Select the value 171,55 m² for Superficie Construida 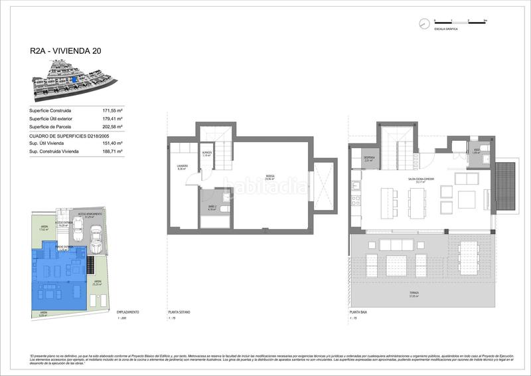(114, 110)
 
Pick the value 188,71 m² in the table (114, 151)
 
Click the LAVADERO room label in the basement (182, 167)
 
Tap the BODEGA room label (270, 177)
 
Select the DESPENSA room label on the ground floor (370, 159)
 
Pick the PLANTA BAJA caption (358, 312)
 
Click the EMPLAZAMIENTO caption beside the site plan (127, 312)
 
